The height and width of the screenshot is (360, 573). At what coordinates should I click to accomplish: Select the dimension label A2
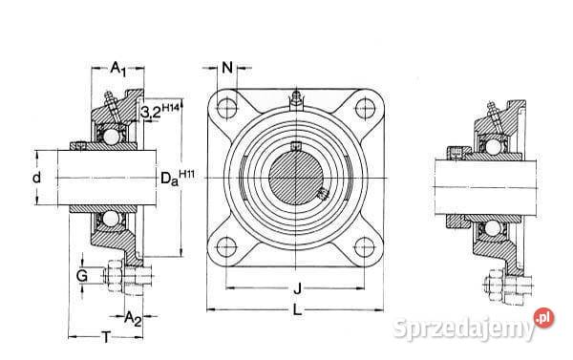coord(133,317)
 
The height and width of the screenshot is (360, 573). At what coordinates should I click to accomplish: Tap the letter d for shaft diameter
coord(37,178)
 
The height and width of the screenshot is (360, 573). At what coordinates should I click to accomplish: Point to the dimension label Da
coord(167,178)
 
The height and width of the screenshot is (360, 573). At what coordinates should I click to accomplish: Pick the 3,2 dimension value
coord(151,114)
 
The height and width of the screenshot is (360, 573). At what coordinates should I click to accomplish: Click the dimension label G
coord(84,276)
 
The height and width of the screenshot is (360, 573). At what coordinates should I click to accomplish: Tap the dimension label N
coord(227,67)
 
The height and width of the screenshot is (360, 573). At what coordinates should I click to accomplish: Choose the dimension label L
coord(298,309)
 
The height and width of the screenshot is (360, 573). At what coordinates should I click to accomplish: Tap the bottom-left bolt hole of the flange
coord(227,247)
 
